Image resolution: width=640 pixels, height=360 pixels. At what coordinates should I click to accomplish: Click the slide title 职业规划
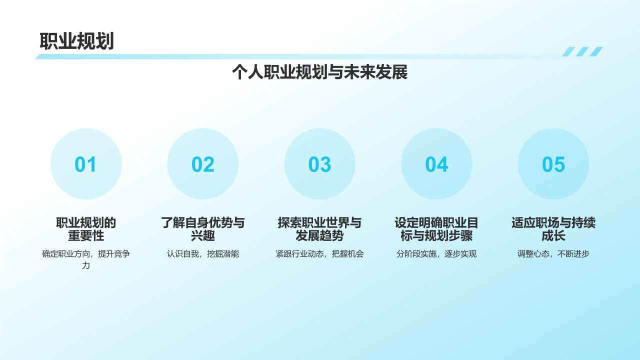[x=77, y=41]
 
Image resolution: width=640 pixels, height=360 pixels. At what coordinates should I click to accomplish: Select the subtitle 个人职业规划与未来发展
[x=319, y=72]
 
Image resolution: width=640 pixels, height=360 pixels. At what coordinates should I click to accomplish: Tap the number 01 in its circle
[x=85, y=164]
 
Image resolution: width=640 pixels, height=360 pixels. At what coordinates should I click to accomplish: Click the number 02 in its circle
[x=202, y=164]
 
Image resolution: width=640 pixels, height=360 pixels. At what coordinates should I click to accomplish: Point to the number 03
[x=319, y=164]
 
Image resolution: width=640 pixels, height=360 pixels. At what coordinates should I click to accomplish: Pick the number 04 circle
[x=436, y=164]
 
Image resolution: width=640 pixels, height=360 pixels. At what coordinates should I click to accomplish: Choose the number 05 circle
[x=553, y=164]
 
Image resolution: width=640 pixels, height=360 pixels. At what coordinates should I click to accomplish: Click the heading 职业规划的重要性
[x=86, y=229]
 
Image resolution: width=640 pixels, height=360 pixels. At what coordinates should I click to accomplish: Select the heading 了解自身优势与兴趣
[x=202, y=229]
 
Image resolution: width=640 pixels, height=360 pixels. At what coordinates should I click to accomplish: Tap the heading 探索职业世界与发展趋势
[x=319, y=229]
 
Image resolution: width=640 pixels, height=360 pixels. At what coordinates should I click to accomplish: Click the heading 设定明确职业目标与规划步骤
[x=436, y=229]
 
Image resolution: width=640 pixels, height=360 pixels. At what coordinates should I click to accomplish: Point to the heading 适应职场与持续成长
[x=553, y=229]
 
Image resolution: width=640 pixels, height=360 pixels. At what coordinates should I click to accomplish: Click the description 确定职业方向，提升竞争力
[x=86, y=254]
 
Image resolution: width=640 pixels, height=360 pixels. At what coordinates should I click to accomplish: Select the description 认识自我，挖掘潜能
[x=202, y=254]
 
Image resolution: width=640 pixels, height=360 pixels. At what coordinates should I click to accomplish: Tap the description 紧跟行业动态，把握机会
[x=319, y=254]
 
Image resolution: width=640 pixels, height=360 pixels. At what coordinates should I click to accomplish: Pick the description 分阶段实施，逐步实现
[x=436, y=254]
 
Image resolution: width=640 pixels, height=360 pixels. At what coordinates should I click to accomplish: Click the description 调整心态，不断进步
[x=553, y=254]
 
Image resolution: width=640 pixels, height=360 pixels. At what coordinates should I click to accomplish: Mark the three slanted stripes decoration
[x=582, y=51]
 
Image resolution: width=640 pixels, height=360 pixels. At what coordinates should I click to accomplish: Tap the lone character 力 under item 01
[x=86, y=265]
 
